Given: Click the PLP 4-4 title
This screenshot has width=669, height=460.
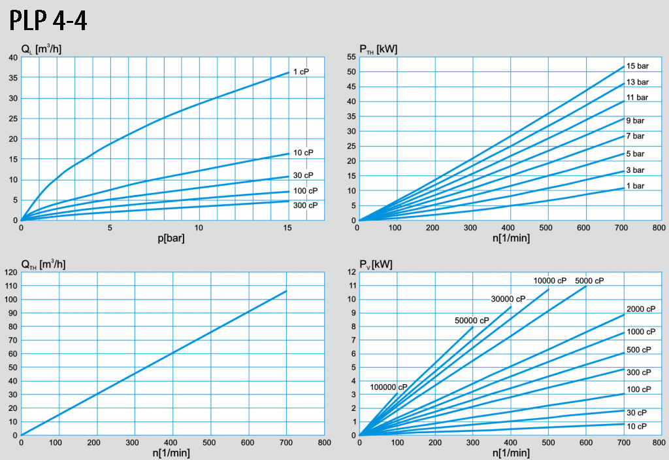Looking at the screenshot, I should tap(48, 21).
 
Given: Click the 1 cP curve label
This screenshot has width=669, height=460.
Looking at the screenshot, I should tap(301, 71).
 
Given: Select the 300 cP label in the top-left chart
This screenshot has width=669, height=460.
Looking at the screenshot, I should tap(304, 205).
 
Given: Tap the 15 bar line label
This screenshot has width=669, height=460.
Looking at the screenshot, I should tap(637, 66).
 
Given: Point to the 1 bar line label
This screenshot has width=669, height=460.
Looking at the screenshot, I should tap(635, 186).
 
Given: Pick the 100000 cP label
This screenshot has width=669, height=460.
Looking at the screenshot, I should tap(388, 387).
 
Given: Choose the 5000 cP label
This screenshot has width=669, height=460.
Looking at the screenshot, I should tap(589, 281).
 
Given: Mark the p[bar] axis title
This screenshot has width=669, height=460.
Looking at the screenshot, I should tap(171, 238).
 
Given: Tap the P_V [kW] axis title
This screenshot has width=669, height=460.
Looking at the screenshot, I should tap(376, 264).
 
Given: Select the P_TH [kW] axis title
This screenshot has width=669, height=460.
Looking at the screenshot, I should tap(378, 49).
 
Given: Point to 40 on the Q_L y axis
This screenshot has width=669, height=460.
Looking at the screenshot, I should tap(13, 58).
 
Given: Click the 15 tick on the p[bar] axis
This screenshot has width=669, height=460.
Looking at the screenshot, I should tap(287, 228).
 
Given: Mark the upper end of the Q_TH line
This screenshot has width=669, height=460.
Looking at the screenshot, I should tap(286, 291).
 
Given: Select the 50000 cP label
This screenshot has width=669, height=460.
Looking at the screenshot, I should tap(472, 321).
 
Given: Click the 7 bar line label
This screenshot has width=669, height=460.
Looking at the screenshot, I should tap(635, 136).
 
